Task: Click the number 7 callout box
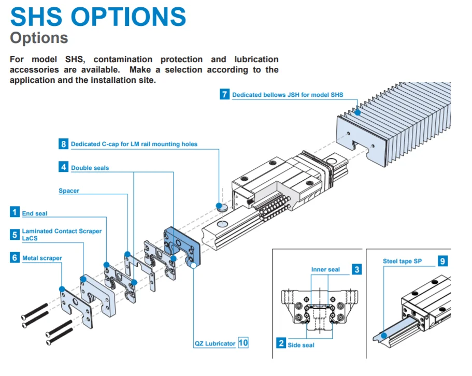click(224, 94)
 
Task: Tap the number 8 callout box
click(63, 144)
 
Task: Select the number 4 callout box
click(63, 167)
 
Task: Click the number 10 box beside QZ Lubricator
click(243, 342)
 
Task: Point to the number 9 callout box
click(442, 261)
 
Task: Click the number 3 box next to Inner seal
click(357, 269)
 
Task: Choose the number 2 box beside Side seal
click(281, 343)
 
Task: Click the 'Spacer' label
click(69, 191)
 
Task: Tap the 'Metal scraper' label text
click(42, 258)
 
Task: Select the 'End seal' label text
click(35, 213)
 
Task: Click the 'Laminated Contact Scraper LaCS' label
click(61, 234)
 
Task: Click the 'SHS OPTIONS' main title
click(98, 17)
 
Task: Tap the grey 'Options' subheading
click(39, 38)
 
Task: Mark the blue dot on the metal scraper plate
click(62, 288)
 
